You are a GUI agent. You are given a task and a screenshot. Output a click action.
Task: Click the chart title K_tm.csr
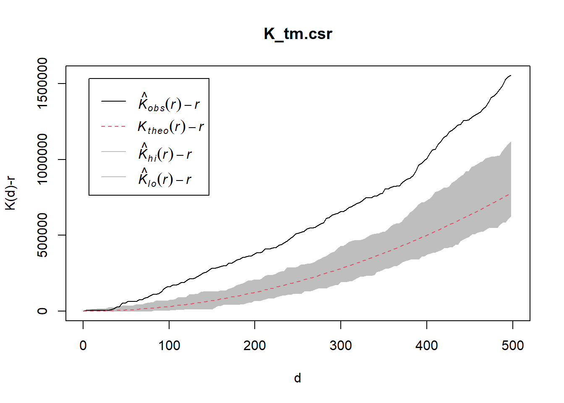298,34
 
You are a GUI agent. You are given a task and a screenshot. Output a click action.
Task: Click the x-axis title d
298,378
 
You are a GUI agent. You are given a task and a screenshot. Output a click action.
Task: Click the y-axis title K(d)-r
10,193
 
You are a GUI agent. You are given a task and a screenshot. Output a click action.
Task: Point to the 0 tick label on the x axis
83,345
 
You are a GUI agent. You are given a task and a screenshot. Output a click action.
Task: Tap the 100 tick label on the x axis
169,345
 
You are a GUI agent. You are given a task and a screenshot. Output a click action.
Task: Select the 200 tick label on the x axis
255,345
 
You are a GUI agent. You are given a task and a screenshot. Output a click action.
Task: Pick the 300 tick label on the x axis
341,345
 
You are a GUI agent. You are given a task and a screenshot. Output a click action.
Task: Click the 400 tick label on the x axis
427,345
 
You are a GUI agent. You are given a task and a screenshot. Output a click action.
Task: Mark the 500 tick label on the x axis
512,345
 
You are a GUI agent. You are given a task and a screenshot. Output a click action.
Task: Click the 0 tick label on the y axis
42,311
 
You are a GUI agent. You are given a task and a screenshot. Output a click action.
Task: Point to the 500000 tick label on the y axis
42,235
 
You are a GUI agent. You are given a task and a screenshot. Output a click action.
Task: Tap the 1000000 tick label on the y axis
42,159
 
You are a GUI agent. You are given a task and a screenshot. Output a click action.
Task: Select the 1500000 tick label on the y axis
42,83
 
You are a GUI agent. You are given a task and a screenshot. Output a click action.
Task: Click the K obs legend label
169,102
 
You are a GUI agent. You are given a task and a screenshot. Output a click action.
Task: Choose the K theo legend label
171,127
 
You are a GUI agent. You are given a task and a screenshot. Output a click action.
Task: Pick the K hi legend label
165,154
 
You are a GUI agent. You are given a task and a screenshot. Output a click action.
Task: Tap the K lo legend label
165,178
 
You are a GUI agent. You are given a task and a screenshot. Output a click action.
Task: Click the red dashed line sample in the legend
113,126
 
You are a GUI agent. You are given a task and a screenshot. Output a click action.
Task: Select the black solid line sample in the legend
113,101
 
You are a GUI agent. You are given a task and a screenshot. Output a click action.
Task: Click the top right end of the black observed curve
510,76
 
